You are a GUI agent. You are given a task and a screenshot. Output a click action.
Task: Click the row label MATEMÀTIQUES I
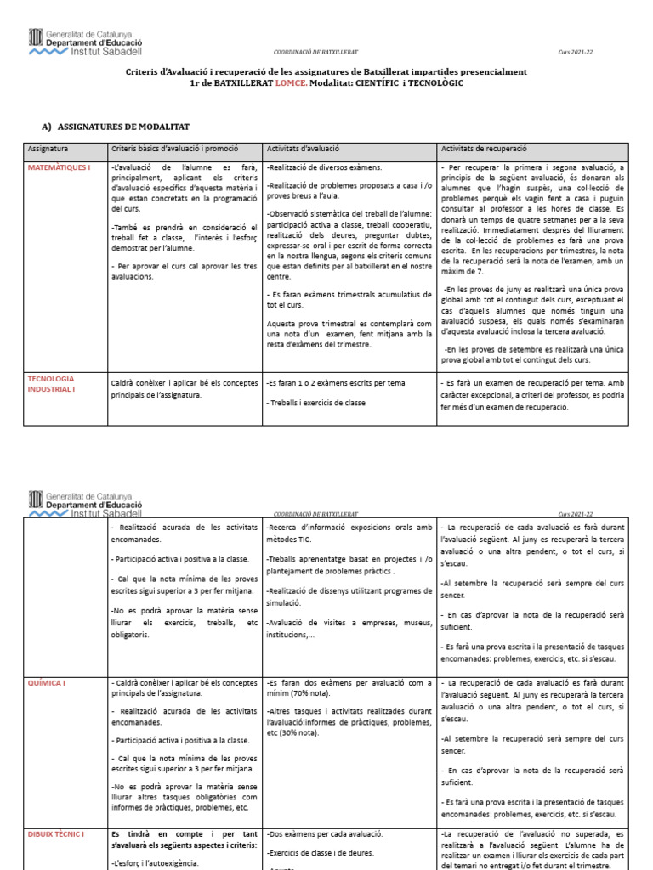(59, 168)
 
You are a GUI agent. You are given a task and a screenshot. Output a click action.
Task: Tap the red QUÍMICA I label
(47, 683)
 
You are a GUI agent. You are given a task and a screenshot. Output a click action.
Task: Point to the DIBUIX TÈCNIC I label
(56, 835)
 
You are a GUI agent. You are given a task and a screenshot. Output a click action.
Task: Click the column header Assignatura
(48, 149)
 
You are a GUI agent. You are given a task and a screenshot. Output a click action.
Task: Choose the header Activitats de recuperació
(484, 149)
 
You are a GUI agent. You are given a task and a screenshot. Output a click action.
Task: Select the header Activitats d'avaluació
(303, 149)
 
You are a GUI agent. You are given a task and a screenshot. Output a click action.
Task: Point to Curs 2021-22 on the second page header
(576, 514)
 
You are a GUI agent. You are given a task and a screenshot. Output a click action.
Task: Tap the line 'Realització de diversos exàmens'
(324, 168)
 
